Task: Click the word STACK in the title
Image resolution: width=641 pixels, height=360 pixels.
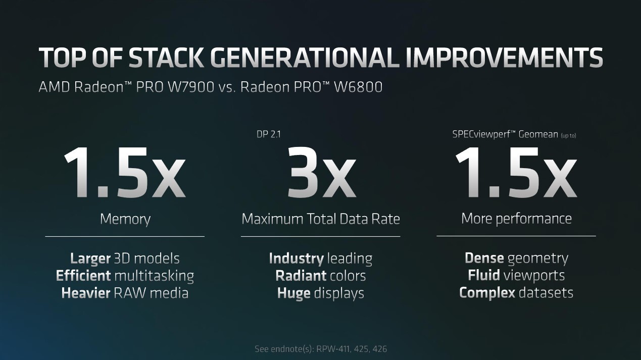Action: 167,58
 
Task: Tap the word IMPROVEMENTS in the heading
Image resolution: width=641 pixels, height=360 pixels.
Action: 504,58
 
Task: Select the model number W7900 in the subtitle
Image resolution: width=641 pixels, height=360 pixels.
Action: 190,87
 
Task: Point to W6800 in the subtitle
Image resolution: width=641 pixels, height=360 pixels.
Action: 358,87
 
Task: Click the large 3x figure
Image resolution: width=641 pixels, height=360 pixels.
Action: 321,173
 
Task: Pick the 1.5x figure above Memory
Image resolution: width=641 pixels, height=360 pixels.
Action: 125,173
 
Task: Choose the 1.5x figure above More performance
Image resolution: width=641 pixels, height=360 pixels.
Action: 516,173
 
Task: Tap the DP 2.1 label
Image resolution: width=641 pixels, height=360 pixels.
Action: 269,134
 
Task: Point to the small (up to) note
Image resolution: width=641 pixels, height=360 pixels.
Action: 568,135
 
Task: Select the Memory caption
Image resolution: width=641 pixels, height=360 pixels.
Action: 125,220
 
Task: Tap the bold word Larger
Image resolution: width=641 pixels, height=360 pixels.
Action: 90,259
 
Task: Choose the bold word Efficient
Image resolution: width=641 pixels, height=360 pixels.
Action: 83,276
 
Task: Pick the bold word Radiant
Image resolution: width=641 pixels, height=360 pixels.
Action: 301,276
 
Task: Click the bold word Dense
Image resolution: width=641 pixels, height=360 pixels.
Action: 484,258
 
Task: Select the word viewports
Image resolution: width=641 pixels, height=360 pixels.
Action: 534,276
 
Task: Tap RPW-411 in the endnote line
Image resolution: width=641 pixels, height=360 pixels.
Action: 333,349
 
